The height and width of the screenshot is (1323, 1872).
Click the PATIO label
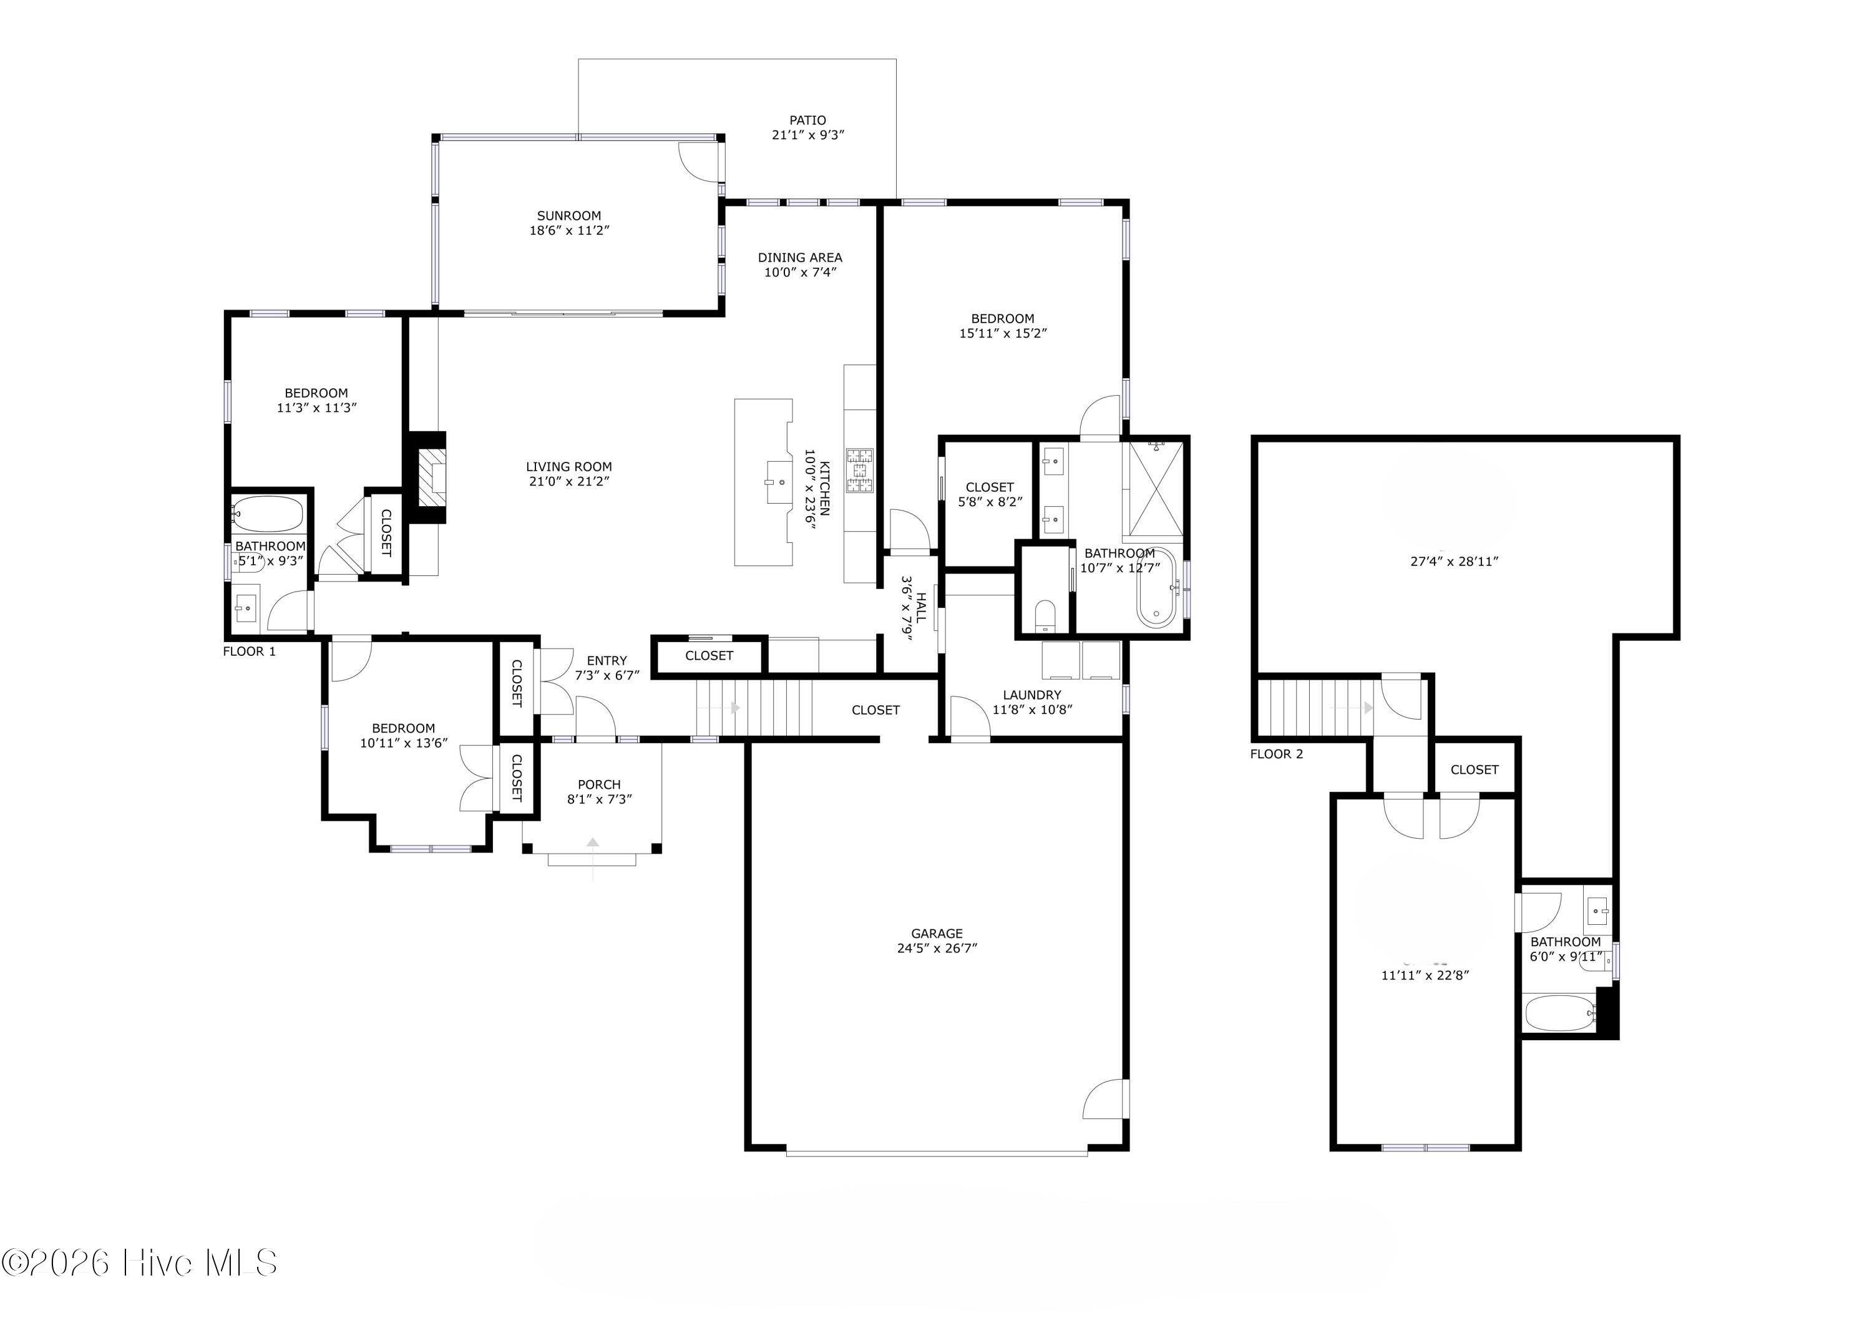point(807,120)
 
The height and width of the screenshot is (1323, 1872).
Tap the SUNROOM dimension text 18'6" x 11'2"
point(569,231)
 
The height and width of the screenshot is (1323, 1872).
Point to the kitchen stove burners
point(859,471)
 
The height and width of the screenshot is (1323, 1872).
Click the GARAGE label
point(936,934)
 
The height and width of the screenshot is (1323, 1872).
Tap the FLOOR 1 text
point(250,652)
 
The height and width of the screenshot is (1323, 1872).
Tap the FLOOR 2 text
point(1276,754)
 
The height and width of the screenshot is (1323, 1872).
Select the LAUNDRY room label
point(1031,695)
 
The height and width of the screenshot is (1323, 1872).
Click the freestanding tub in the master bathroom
point(1156,588)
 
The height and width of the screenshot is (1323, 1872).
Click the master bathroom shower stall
point(1153,489)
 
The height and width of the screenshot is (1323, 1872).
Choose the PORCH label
point(599,785)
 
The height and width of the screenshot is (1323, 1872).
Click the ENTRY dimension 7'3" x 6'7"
point(607,675)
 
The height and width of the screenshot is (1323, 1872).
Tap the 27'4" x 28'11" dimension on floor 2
point(1455,562)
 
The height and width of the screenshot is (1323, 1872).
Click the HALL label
point(921,607)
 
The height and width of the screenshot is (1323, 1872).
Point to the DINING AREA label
point(800,258)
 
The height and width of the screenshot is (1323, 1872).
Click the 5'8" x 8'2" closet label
point(990,502)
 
